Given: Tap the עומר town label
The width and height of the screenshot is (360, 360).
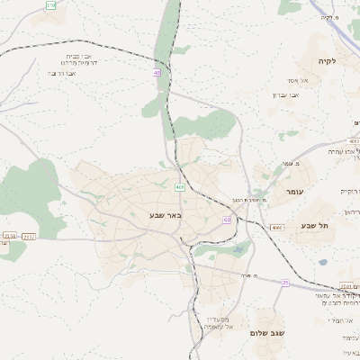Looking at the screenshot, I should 295,193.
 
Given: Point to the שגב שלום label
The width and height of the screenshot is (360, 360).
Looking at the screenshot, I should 270,333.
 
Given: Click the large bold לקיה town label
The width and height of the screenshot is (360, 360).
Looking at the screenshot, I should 326,60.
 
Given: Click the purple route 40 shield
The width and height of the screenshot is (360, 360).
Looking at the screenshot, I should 157,73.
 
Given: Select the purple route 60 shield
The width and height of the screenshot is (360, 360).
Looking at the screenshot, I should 227,220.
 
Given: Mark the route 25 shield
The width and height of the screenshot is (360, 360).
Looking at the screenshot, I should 285,283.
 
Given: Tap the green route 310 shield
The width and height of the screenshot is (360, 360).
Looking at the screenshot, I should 50,5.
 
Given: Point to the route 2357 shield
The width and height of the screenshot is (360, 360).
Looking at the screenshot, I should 29,237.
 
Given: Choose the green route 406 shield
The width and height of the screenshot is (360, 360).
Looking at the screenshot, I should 180,187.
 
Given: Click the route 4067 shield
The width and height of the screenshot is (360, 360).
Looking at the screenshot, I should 354,141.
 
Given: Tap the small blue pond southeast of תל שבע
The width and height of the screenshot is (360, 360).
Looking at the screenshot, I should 323,263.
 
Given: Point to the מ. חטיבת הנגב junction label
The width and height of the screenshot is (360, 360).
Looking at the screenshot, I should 245,200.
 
